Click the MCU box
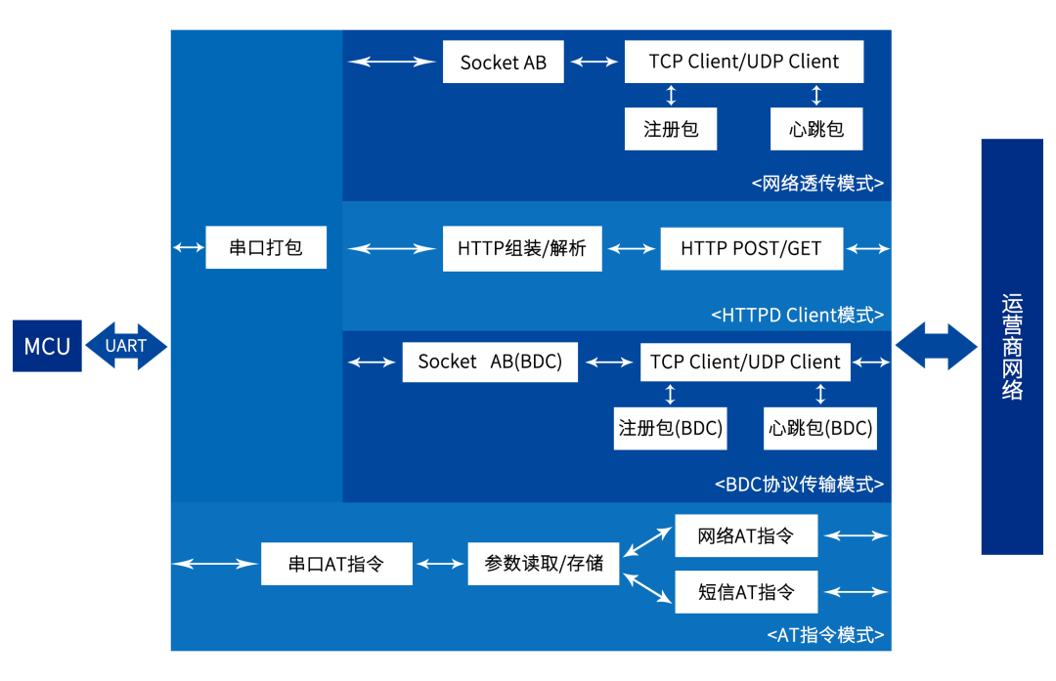(47, 345)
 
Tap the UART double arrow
(126, 345)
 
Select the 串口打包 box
(265, 247)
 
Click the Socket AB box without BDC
(504, 63)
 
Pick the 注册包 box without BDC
(671, 129)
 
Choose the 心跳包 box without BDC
(816, 129)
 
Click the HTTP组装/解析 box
(522, 248)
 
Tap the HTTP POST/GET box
(751, 248)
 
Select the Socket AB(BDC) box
(490, 362)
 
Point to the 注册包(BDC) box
(671, 428)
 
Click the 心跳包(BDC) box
(820, 428)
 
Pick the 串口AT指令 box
(336, 564)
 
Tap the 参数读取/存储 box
(544, 564)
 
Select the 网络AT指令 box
(746, 535)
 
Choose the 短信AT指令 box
(746, 591)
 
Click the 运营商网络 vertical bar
(1012, 347)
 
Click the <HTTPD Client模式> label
(797, 315)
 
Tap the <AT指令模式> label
(825, 635)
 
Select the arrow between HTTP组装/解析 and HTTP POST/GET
(631, 248)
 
